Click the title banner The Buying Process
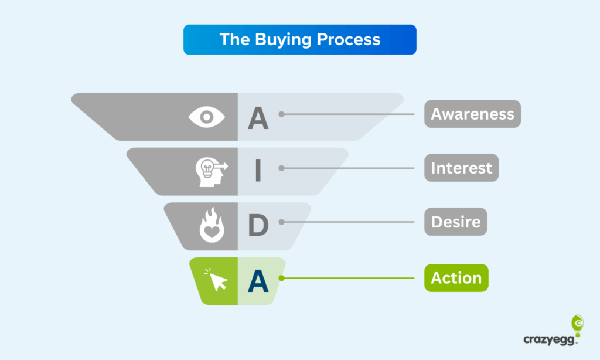tap(299, 39)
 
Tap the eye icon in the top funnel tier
tap(207, 117)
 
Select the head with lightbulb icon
tap(212, 172)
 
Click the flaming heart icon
tap(212, 225)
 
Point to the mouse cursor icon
tap(217, 280)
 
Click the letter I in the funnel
tap(258, 171)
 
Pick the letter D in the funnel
tap(258, 225)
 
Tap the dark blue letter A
tap(258, 281)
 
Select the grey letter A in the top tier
tap(258, 118)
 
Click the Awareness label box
tap(473, 114)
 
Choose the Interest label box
tap(462, 168)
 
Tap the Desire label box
tap(456, 222)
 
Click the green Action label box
tap(456, 278)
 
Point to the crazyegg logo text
tap(549, 339)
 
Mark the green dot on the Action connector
tap(282, 278)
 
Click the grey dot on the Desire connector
tap(282, 222)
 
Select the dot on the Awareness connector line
tap(282, 114)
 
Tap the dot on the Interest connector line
tap(282, 168)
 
